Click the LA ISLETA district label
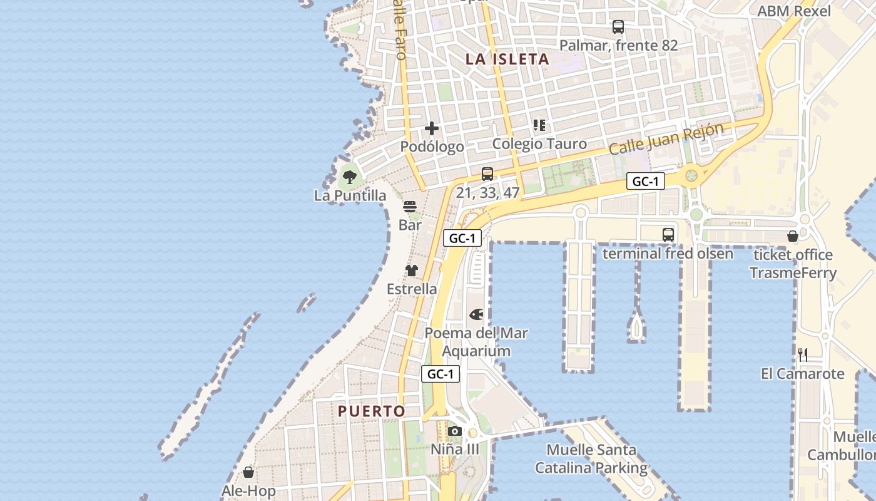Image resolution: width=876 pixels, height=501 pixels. coord(507,59)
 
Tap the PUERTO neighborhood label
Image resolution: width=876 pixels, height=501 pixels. coord(372,411)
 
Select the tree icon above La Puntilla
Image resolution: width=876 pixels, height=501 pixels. coord(350,177)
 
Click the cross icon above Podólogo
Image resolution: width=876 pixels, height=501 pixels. coord(432,129)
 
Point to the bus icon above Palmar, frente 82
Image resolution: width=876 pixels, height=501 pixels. coord(618,27)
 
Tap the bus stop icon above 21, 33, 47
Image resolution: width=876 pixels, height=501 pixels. coord(487,174)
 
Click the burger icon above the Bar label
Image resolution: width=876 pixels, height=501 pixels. coord(410,207)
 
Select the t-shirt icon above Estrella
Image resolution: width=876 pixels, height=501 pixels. coord(411,271)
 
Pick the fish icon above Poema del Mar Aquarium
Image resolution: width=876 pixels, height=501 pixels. coord(476,314)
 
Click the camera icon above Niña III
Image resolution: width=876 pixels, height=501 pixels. coord(455,431)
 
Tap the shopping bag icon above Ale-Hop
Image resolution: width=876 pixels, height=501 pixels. coord(248,472)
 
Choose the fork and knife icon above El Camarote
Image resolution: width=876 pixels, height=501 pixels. coord(803,355)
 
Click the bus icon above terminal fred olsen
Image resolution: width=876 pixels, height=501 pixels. coord(668,235)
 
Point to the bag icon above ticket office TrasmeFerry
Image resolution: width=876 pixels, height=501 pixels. coord(793,236)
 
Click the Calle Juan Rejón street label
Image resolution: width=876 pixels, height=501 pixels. coord(666,139)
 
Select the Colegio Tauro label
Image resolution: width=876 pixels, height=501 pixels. coord(539,144)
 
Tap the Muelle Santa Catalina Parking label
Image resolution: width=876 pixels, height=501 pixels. coord(591,458)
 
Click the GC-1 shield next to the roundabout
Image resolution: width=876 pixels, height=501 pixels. coord(646,182)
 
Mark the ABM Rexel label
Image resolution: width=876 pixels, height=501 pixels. coord(794,11)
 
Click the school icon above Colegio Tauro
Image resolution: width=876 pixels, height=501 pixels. coord(539,125)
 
